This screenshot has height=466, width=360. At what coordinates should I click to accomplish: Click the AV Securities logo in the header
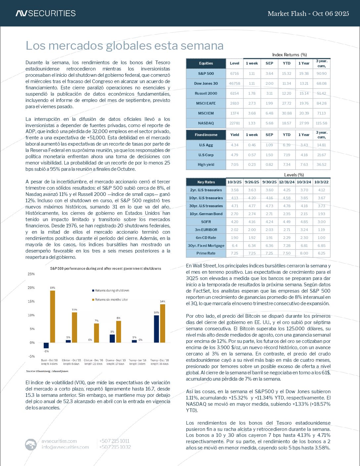click(45, 13)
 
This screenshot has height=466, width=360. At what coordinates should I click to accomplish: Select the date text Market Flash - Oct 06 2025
click(308, 14)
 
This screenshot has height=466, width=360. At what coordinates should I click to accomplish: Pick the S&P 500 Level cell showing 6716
click(235, 73)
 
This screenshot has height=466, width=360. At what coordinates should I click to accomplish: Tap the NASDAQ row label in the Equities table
click(206, 123)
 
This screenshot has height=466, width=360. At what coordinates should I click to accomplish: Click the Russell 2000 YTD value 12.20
click(287, 93)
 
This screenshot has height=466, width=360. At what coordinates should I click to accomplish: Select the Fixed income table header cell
click(206, 135)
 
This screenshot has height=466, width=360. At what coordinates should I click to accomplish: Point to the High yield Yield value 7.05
click(235, 164)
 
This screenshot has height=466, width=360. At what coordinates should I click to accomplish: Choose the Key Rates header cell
click(206, 182)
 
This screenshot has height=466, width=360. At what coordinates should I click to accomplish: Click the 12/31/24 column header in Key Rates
click(287, 182)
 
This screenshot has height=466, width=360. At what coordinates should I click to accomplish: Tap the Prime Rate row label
click(206, 253)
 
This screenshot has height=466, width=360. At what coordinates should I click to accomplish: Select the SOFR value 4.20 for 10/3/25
click(235, 222)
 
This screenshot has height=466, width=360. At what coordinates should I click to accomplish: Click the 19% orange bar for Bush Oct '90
click(52, 316)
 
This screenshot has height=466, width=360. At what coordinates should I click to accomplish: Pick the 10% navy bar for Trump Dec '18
click(157, 329)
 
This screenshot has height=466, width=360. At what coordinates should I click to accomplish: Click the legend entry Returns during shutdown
click(112, 291)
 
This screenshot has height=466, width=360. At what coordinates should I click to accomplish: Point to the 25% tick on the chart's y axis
click(31, 274)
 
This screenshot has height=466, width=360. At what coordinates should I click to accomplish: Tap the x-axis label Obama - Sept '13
click(116, 360)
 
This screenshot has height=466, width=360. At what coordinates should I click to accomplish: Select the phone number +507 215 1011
click(114, 441)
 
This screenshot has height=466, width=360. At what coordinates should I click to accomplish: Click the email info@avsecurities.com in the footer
click(65, 447)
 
